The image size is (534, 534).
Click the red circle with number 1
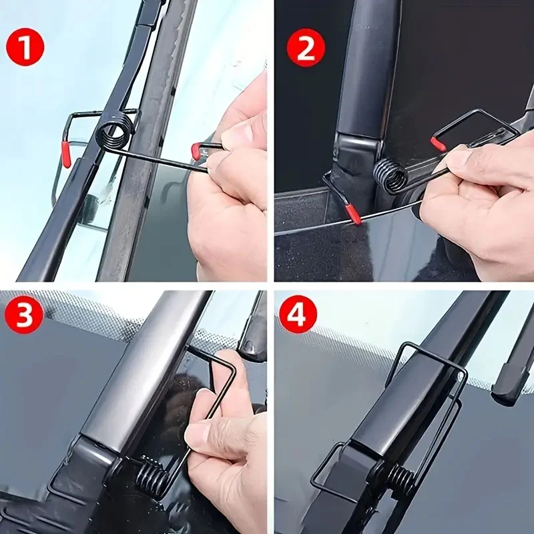[x=25, y=48]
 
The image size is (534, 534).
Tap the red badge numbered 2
[x=306, y=48]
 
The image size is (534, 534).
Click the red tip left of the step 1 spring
[x=66, y=155]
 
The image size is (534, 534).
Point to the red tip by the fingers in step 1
[x=196, y=152]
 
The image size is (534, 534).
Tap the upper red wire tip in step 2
[x=438, y=144]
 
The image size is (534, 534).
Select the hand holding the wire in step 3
[x=224, y=434]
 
